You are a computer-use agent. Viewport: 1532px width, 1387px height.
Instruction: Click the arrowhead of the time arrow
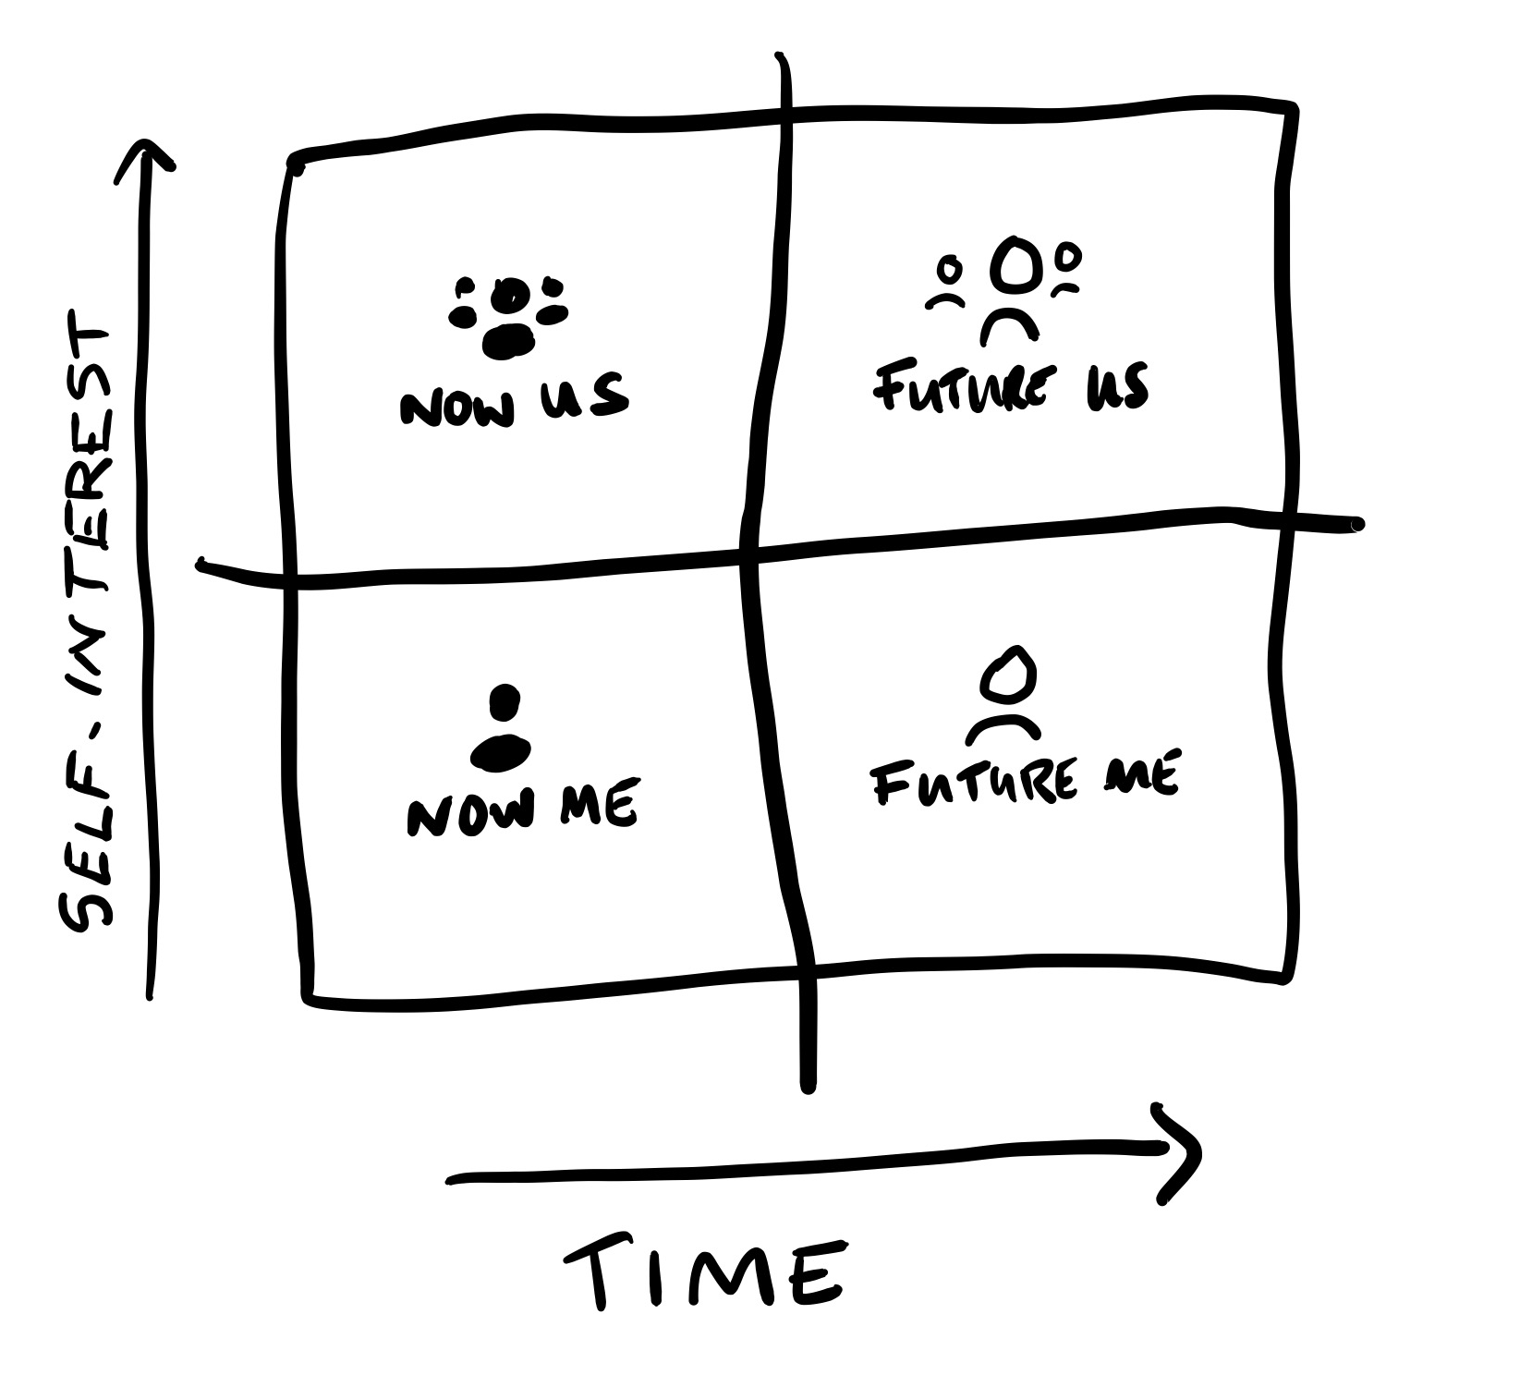[1179, 1153]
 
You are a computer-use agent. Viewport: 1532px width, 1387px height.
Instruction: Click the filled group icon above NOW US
[508, 315]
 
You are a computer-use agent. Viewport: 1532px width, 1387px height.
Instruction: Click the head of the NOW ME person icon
[504, 702]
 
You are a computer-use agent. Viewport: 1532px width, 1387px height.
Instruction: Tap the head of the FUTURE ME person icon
[1005, 671]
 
